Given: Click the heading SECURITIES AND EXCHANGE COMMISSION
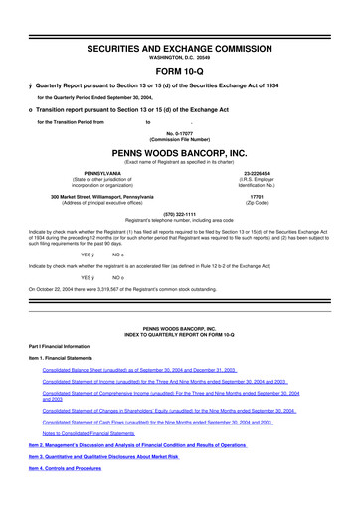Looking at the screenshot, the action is tap(179, 21).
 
